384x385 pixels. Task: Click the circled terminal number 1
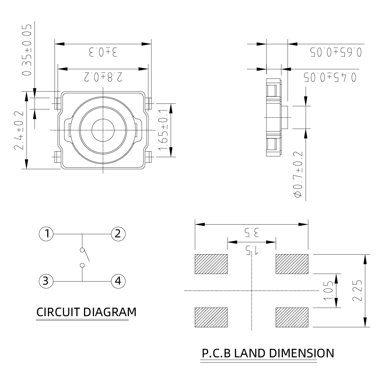tap(46, 234)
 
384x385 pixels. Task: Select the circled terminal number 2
tap(118, 234)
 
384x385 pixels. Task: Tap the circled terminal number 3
tap(46, 281)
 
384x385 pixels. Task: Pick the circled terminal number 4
tap(118, 281)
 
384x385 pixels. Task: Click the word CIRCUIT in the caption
tap(58, 312)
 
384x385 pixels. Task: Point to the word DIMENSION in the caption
tap(302, 353)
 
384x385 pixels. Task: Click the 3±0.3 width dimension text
tap(103, 52)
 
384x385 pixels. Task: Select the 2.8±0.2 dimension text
tap(103, 77)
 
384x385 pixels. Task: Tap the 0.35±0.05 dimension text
tap(27, 50)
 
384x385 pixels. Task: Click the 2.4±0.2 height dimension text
tap(19, 130)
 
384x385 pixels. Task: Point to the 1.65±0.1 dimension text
tap(163, 130)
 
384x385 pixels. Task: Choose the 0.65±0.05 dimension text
tap(336, 52)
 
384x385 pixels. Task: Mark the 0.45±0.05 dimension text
tap(330, 77)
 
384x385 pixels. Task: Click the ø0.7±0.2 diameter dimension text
tap(298, 174)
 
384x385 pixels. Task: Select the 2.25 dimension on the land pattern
tap(357, 290)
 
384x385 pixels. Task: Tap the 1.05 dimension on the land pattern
tap(329, 290)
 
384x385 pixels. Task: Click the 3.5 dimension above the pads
tap(252, 232)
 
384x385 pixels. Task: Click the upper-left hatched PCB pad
tap(211, 264)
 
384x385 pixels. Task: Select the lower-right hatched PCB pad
tap(292, 317)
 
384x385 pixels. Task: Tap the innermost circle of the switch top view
tap(103, 130)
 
